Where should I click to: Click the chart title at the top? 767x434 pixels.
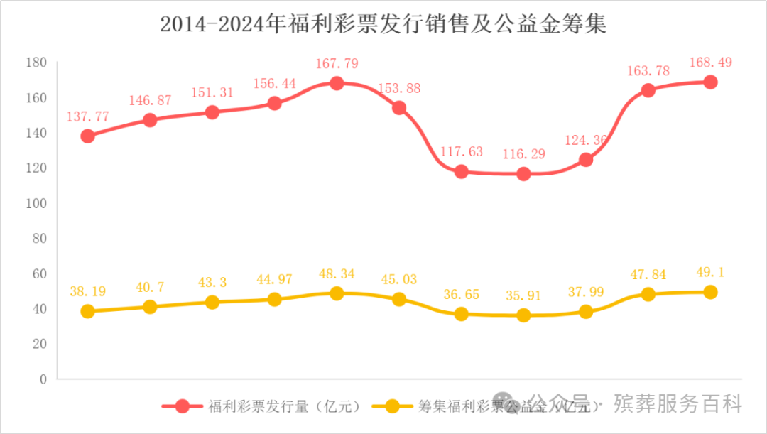pos(383,25)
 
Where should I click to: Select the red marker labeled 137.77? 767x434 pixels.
pos(88,136)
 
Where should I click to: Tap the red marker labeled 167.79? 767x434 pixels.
pos(337,83)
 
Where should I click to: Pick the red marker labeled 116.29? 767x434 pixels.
pos(523,173)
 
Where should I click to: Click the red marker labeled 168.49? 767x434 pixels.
pos(710,82)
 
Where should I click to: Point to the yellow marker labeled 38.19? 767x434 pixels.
pos(88,311)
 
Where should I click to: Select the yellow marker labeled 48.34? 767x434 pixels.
pos(337,293)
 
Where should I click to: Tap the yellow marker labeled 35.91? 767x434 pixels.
pos(523,315)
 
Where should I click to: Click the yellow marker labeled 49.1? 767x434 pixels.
pos(710,292)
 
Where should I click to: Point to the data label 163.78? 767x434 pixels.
pos(648,70)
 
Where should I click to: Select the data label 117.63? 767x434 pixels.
pos(461,151)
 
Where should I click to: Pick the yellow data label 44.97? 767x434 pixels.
pos(275,278)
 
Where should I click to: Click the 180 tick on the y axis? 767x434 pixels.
pos(36,63)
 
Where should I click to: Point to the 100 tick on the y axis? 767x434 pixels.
pos(36,203)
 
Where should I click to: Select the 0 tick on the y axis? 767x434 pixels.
pos(43,379)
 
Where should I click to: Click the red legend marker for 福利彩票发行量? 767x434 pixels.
pos(182,406)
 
